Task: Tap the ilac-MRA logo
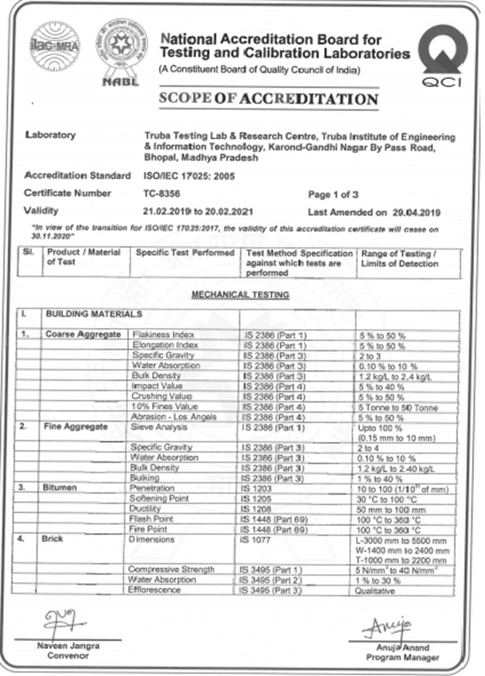(55, 46)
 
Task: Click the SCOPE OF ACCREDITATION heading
(268, 99)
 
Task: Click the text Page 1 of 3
(333, 195)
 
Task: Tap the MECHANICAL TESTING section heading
(240, 295)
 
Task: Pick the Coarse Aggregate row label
(84, 334)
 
